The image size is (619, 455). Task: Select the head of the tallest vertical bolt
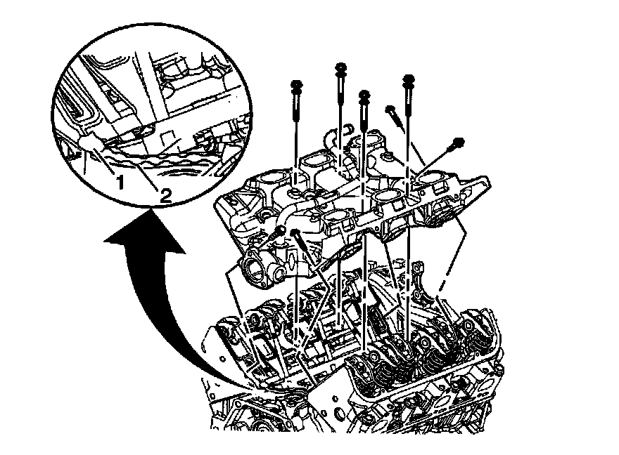pyautogui.click(x=340, y=68)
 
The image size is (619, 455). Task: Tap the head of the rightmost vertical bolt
pyautogui.click(x=407, y=79)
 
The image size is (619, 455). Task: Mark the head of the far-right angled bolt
pyautogui.click(x=458, y=143)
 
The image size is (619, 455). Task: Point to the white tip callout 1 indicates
pyautogui.click(x=88, y=143)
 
